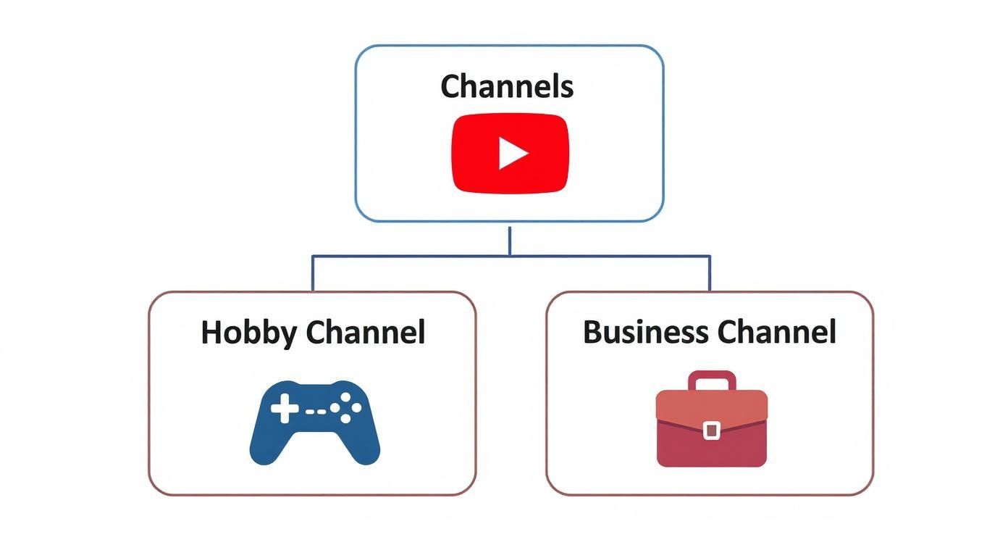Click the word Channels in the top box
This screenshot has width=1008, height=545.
tap(507, 86)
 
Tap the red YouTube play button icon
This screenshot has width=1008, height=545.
tap(511, 154)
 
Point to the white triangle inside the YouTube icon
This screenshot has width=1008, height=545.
tap(512, 154)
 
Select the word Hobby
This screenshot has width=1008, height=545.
tap(248, 333)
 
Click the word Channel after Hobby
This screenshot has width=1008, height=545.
tap(365, 333)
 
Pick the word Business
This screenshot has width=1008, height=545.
tap(645, 332)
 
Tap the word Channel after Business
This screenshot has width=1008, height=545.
tap(776, 332)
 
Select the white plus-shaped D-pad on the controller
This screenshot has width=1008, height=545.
tap(284, 409)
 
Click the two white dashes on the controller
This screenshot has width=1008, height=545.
tap(315, 411)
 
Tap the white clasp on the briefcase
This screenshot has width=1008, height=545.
tap(711, 430)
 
